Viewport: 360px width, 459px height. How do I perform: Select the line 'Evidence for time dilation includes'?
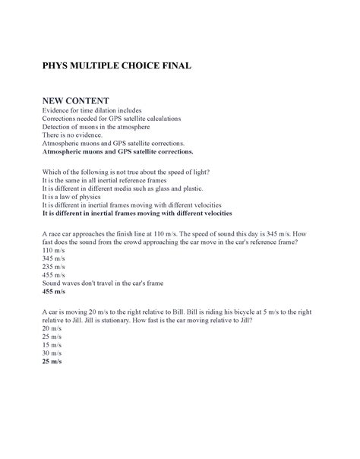click(x=92, y=111)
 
